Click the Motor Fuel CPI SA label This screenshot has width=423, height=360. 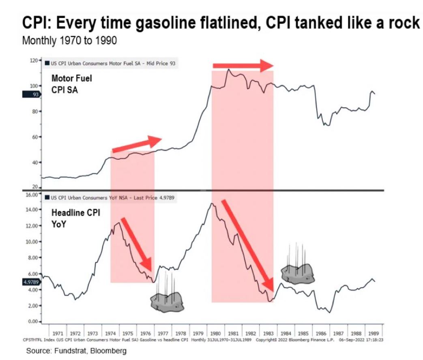72,84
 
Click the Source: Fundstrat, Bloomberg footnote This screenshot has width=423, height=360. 76,351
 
